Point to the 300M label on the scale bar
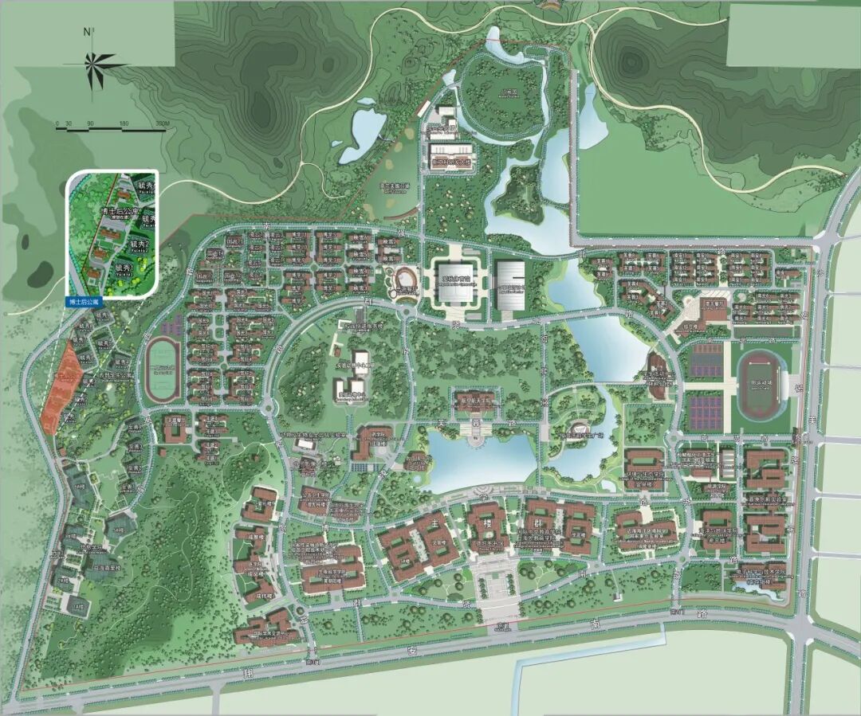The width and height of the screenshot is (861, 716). pos(162,123)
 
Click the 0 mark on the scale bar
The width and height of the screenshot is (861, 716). pos(57,123)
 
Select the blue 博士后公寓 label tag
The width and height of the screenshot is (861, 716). pos(84,303)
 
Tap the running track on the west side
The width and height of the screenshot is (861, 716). pos(164,369)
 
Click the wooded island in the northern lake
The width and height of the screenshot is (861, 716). pos(518,196)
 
